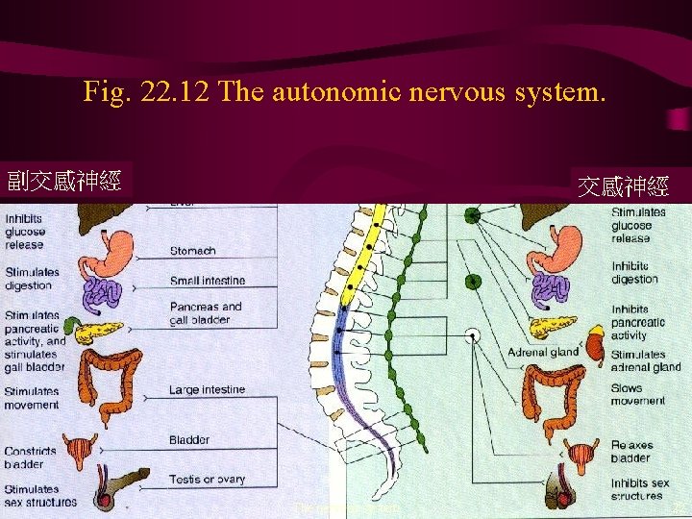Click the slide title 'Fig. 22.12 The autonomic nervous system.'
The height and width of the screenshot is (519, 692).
pos(345,92)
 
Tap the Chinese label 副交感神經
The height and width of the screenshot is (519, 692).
pos(64,180)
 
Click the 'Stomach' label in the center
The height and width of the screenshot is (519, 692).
pos(192,251)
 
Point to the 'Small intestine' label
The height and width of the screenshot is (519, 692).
pos(207,281)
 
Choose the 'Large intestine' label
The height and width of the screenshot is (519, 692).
pos(207,390)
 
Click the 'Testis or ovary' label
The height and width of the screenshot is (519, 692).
pos(207,479)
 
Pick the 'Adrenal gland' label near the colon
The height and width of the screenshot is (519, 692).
pos(543,352)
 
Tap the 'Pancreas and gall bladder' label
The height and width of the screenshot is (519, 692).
pos(206,312)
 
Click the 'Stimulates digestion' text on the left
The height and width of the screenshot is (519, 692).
pos(32,278)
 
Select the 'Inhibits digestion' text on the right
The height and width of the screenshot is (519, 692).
pos(634,272)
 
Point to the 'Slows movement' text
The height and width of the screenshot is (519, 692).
pos(637,394)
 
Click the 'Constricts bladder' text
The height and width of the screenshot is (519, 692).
pos(30,457)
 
